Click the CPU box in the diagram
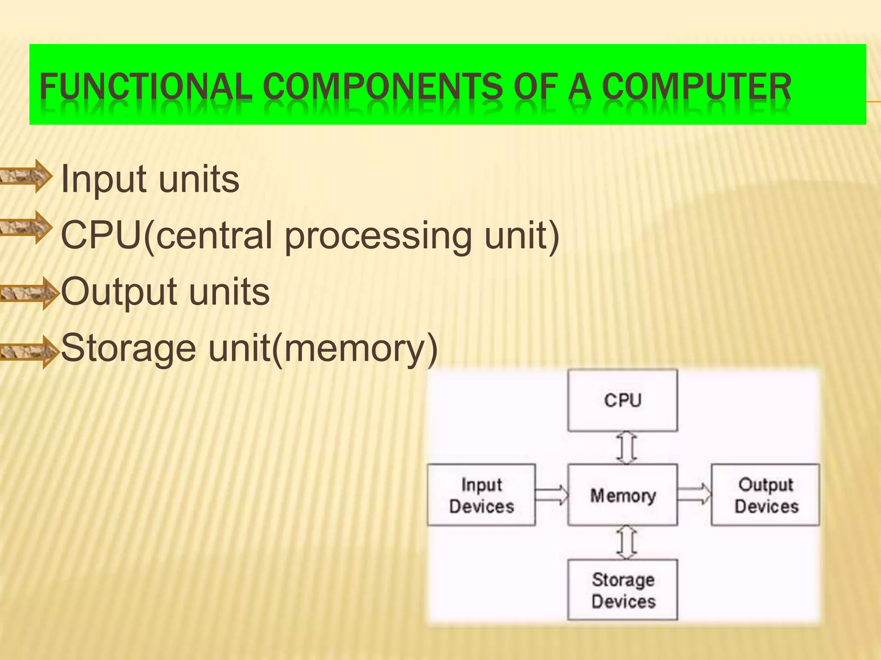(x=622, y=400)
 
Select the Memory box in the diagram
(x=622, y=495)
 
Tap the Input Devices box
(x=481, y=495)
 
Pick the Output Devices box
(x=765, y=495)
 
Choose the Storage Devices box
(x=622, y=590)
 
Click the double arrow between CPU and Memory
(x=627, y=448)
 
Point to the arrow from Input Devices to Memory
(x=552, y=495)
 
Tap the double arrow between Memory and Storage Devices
(x=627, y=542)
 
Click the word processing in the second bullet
(x=378, y=236)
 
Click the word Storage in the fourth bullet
(x=129, y=348)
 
